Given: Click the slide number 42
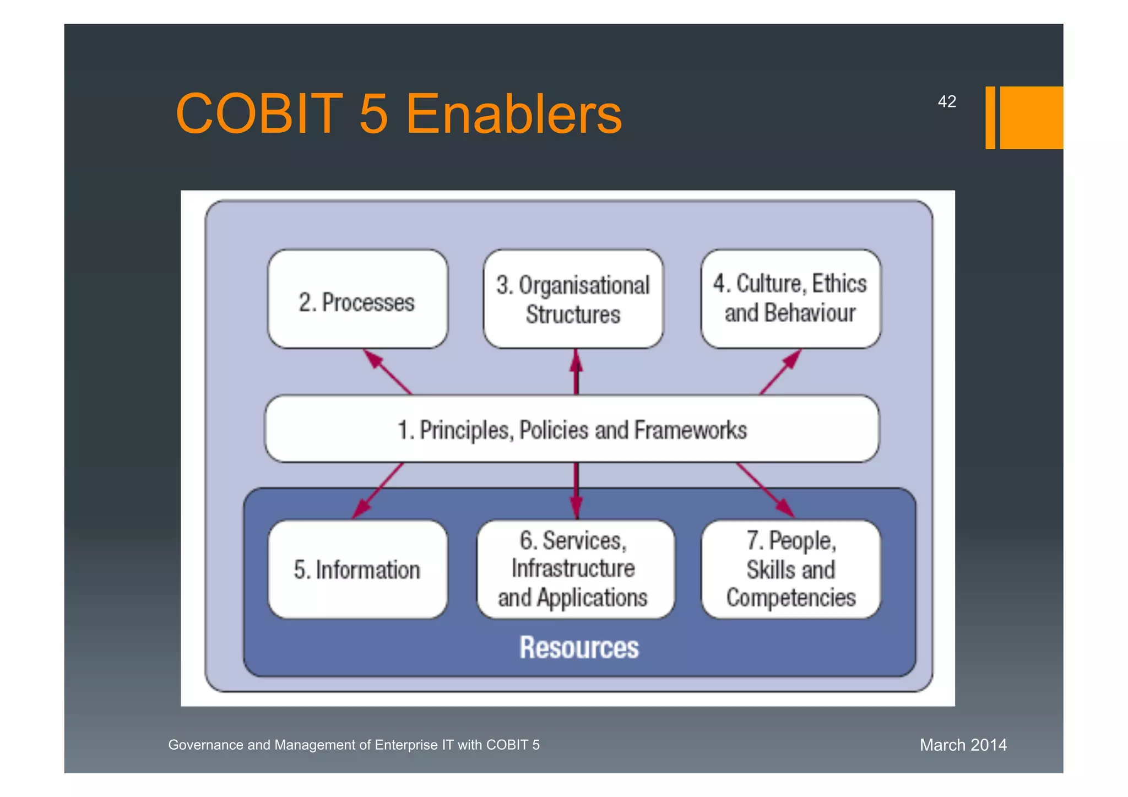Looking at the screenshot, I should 946,101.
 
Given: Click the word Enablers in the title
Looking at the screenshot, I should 513,114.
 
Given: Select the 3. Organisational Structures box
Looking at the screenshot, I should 573,300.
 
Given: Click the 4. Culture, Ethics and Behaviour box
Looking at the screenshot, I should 790,299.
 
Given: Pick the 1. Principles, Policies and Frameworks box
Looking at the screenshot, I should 572,429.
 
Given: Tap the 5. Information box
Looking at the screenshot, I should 357,570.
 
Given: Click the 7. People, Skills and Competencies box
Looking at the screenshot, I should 791,569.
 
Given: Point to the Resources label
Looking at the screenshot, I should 579,647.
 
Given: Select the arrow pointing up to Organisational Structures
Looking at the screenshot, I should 576,372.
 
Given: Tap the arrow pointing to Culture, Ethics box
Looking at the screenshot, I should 780,372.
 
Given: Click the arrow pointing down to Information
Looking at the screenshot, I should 378,490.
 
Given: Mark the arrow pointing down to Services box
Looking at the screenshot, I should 576,490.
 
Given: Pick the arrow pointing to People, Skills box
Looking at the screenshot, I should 766,490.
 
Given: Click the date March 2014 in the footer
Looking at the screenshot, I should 963,745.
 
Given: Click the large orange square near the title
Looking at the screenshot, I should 1031,117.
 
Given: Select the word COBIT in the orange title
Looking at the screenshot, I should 259,114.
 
